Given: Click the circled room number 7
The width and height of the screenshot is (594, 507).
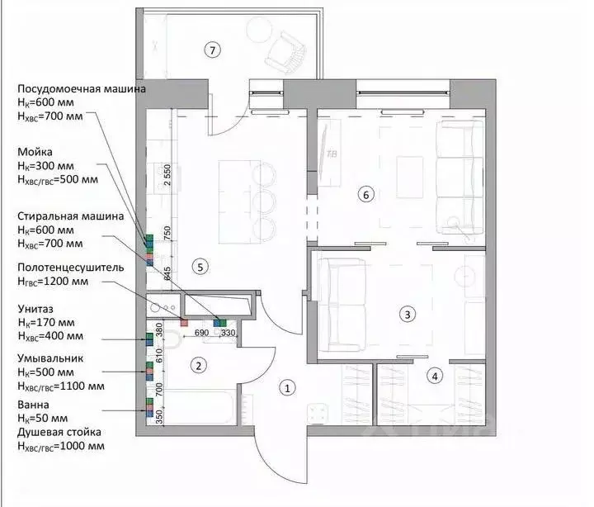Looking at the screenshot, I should (x=213, y=50).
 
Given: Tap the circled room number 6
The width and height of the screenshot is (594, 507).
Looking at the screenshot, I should (x=367, y=195).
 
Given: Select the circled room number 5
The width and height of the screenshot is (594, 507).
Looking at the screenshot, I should (x=198, y=266).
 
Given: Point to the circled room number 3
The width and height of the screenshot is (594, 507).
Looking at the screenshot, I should (x=406, y=314).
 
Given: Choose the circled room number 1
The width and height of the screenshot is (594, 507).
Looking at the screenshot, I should (x=287, y=386).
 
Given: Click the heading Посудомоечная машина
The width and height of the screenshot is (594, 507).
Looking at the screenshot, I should (x=82, y=88).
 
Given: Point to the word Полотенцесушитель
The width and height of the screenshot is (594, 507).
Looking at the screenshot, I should (x=71, y=268).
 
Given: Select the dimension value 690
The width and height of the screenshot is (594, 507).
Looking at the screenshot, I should (x=201, y=332).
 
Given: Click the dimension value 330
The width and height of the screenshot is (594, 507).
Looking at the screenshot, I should (x=228, y=332).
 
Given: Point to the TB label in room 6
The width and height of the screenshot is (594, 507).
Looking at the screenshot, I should (x=332, y=154).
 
